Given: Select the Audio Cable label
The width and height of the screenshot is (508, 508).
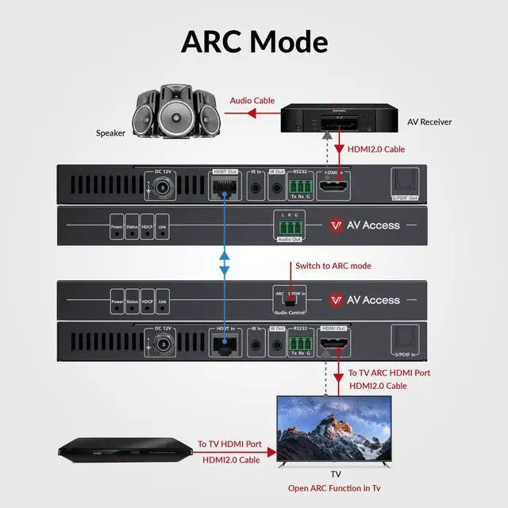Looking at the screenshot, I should pyautogui.click(x=252, y=101).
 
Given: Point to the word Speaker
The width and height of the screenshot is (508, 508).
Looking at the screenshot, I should pyautogui.click(x=110, y=133).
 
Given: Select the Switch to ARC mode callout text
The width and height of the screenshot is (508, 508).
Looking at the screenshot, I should pyautogui.click(x=333, y=266).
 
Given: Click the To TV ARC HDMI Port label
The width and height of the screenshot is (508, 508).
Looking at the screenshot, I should pyautogui.click(x=390, y=372).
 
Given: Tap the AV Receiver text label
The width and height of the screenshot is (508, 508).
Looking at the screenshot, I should pyautogui.click(x=429, y=121).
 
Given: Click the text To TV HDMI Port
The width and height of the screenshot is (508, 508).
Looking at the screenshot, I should pyautogui.click(x=229, y=444).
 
